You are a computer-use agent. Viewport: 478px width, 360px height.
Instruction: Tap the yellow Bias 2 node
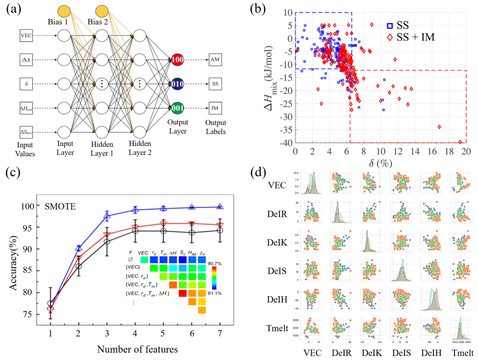103,10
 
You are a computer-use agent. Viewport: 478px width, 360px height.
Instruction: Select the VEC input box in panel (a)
26,35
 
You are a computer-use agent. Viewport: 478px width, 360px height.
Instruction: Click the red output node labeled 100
178,59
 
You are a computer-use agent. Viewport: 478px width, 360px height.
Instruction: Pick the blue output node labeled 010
178,84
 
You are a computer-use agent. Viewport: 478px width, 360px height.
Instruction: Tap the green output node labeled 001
178,108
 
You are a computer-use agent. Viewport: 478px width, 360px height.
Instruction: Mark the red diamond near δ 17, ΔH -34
439,127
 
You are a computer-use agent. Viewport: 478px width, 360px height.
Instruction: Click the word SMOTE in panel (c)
62,206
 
